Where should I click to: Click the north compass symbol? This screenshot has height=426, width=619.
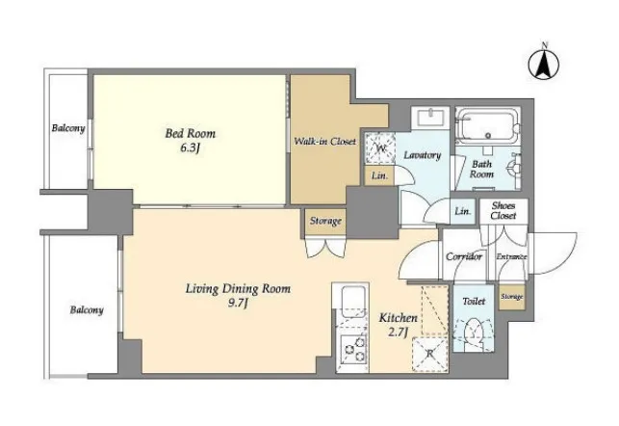pos(544,63)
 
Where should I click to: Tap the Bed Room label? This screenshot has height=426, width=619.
pos(191,134)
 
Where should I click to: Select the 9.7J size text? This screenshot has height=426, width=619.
pos(238,304)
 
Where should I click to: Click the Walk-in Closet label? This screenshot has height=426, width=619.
pos(324,141)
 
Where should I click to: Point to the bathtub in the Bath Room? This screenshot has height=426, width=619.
pos(487,125)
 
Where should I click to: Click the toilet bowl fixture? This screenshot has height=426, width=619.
pos(474,331)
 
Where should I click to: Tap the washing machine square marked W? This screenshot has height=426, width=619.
pos(380,148)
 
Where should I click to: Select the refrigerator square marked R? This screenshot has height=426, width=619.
pos(430,355)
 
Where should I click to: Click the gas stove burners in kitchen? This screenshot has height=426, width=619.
pos(353,349)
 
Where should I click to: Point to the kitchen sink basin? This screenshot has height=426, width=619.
pos(352,301)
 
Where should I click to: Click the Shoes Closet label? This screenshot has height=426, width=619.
pos(503,211)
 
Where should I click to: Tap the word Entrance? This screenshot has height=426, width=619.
pos(511,257)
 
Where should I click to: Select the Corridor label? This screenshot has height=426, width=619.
pos(464,257)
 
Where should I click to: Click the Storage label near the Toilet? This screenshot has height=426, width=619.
pos(511,297)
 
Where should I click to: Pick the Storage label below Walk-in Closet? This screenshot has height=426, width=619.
pos(325,221)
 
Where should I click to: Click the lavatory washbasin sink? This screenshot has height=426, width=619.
pos(430,118)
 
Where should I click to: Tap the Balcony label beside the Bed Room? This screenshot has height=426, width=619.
pos(68,128)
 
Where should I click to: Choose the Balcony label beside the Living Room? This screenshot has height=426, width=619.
pos(87,309)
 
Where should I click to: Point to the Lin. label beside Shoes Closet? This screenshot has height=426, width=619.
pos(463,211)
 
